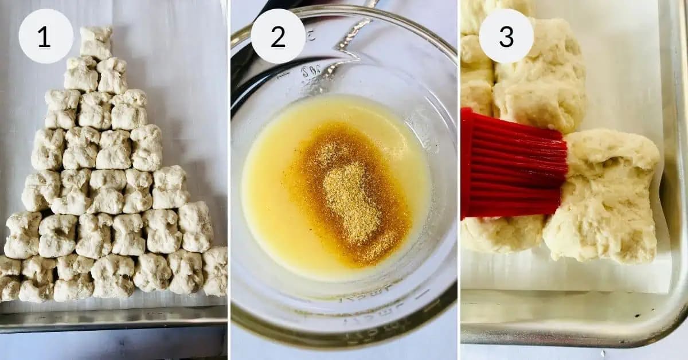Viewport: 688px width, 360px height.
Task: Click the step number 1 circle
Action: (46, 36)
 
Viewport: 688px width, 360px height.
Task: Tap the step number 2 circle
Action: (278, 36)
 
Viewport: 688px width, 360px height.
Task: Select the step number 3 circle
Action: (506, 36)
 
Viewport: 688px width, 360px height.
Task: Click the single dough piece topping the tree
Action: (96, 42)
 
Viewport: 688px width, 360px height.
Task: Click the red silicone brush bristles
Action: (510, 166)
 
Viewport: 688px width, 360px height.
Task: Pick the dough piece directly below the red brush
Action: (502, 235)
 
